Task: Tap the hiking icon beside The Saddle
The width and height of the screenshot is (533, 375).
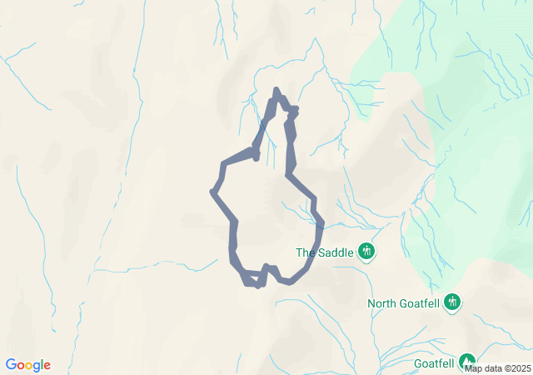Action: [x=366, y=251]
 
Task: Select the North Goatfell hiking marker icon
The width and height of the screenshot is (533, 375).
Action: [x=452, y=301]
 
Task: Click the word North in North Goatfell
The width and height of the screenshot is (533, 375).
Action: [x=384, y=303]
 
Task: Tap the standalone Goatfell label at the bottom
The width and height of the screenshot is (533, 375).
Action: [x=434, y=363]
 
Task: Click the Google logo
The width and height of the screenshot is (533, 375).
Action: [x=28, y=365]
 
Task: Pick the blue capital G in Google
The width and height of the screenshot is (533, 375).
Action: [x=11, y=364]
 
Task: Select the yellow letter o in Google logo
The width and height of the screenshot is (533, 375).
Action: [x=29, y=366]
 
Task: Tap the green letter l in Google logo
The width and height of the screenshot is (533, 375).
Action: [x=42, y=364]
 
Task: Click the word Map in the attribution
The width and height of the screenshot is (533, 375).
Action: [x=474, y=368]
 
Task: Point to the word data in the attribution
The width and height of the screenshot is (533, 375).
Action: [x=492, y=368]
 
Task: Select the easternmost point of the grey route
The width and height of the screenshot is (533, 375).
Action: [x=321, y=223]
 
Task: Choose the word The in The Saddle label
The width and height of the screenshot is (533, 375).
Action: [x=305, y=252]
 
